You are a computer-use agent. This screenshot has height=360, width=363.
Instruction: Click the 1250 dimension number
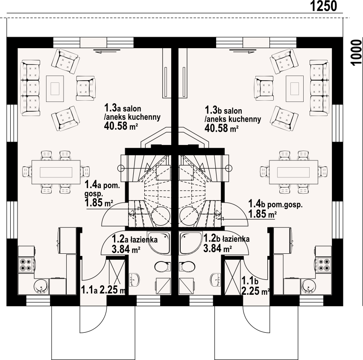(x=323, y=6)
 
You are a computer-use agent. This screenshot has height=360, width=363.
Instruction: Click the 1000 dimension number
(x=357, y=53)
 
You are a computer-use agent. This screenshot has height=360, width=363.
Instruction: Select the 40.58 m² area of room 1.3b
(x=222, y=128)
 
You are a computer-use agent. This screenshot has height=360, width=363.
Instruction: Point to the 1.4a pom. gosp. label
(x=102, y=189)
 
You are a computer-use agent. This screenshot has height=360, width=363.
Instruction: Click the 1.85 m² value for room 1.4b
(x=263, y=214)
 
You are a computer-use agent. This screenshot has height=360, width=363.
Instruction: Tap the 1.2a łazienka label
(x=135, y=239)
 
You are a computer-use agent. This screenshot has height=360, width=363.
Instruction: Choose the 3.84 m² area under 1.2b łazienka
(x=218, y=249)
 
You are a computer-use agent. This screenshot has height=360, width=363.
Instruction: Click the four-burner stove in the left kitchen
(x=26, y=265)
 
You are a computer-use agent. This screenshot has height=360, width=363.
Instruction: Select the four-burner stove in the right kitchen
(x=324, y=265)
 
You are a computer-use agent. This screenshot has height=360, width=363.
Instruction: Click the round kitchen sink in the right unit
(x=308, y=286)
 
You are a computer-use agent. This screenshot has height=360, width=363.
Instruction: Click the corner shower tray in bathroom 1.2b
(x=190, y=243)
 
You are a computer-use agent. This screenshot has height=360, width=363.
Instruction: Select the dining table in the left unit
(x=56, y=172)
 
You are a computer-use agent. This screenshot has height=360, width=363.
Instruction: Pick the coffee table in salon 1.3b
(x=295, y=89)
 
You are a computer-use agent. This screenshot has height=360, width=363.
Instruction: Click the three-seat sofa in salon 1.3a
(x=30, y=87)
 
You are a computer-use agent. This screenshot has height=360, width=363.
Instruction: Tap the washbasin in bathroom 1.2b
(x=216, y=279)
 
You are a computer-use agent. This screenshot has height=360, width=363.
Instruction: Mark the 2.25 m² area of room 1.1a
(x=112, y=290)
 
